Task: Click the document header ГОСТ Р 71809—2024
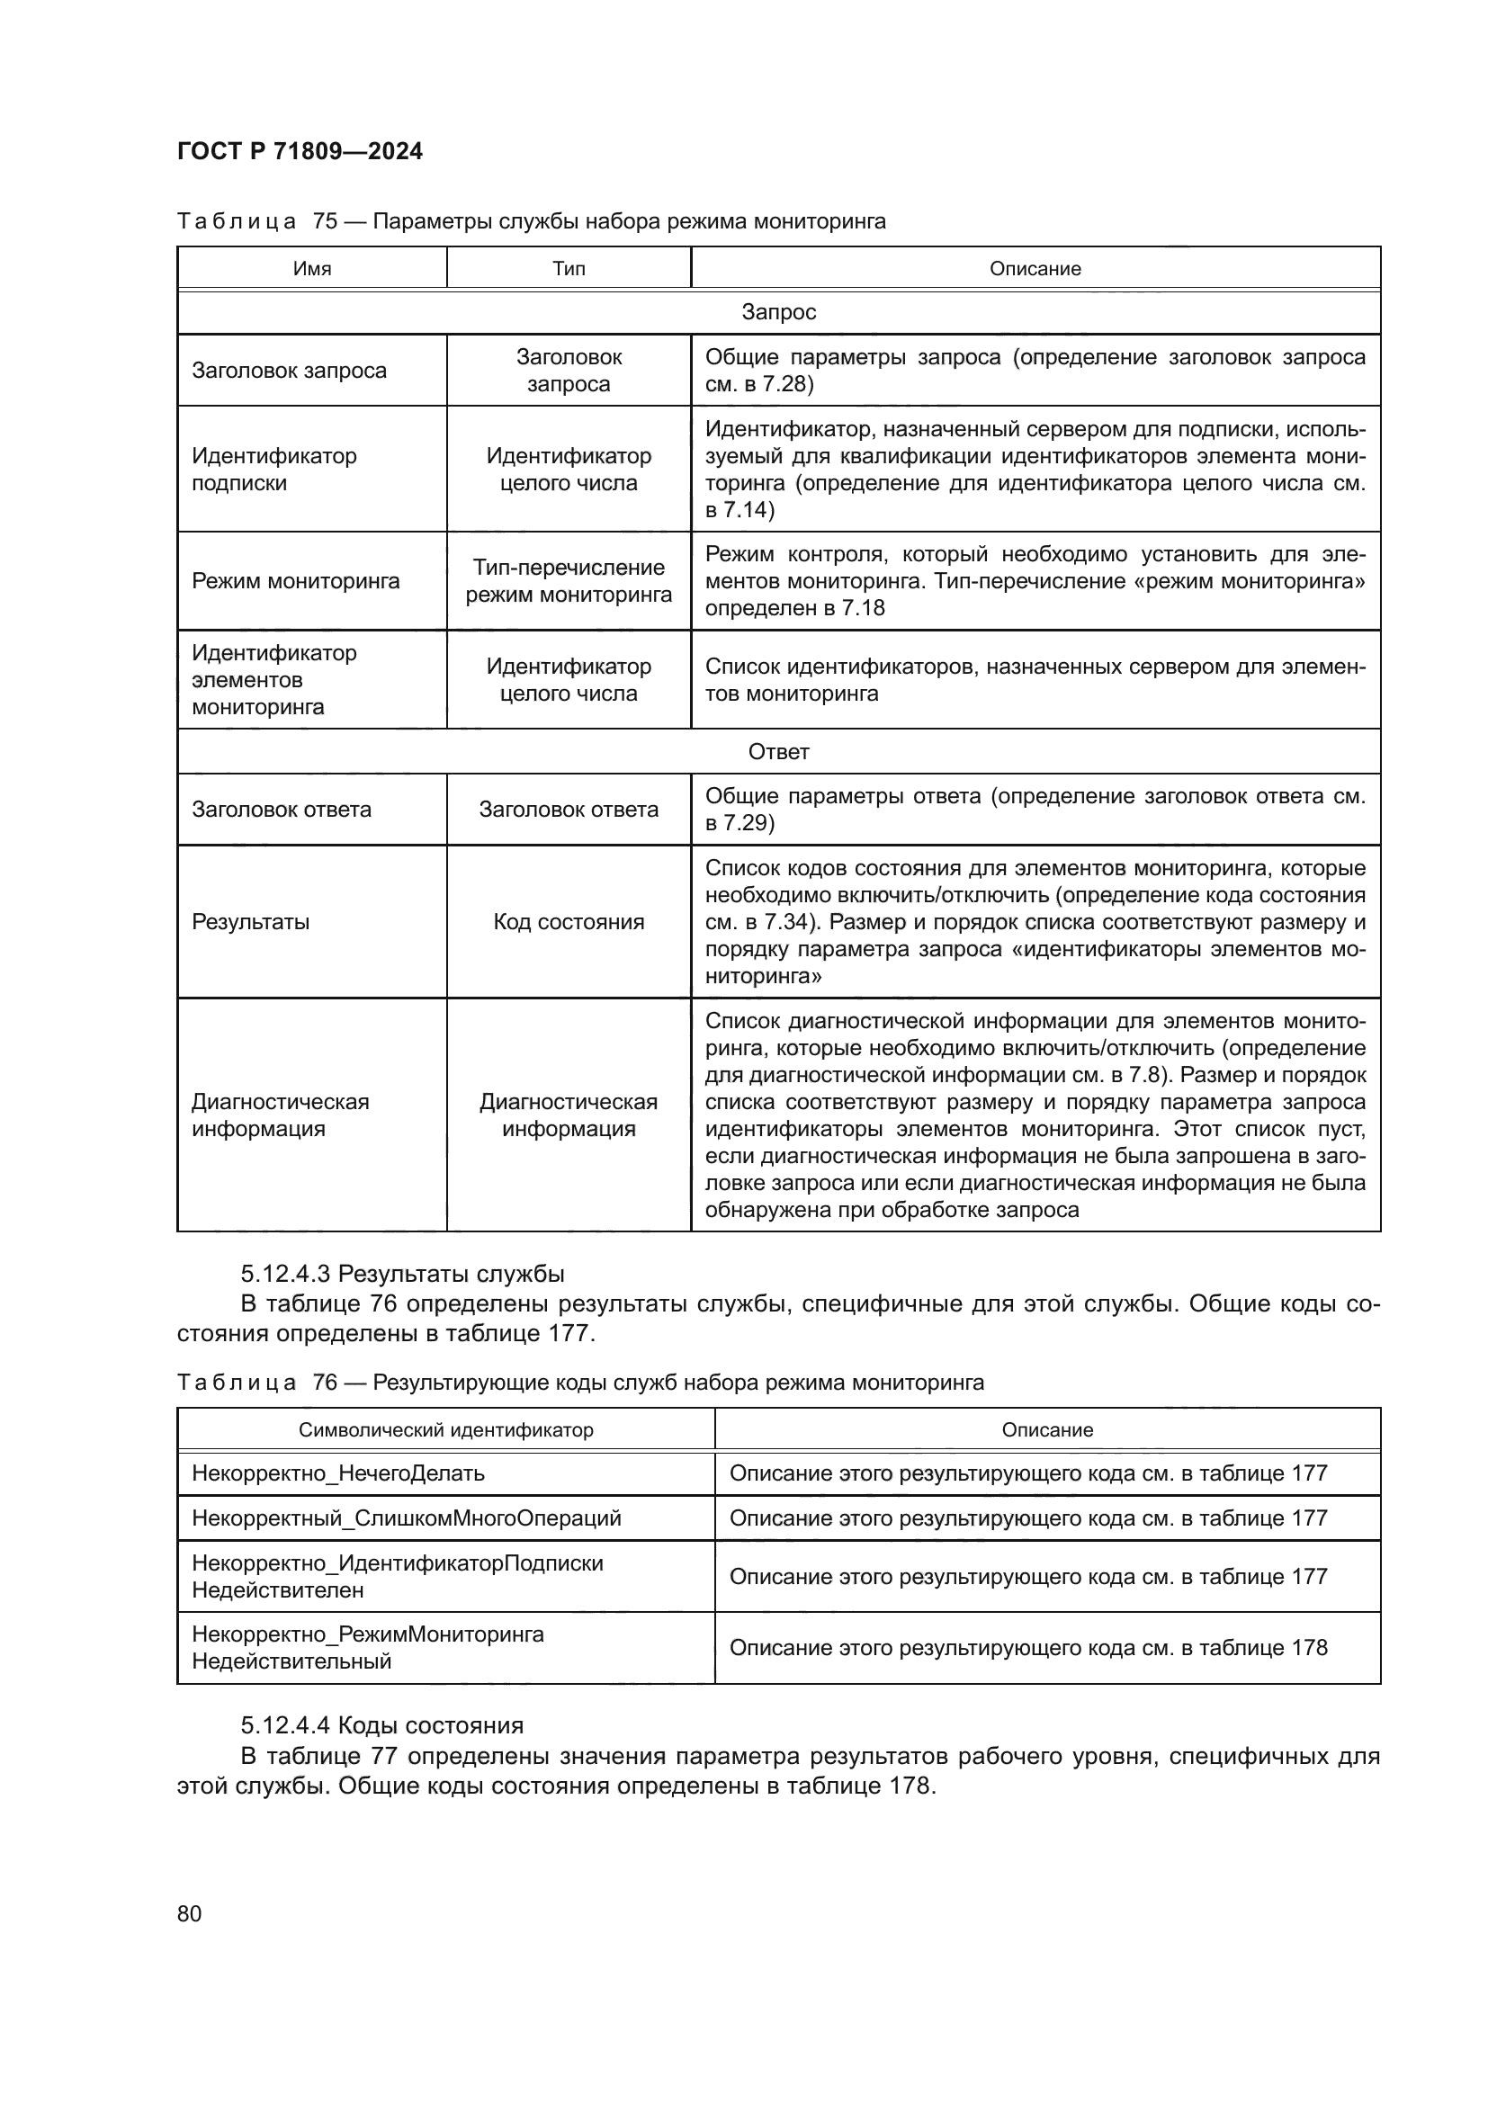point(300,151)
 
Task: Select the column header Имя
point(311,268)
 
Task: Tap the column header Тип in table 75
point(568,268)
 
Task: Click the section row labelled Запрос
point(778,312)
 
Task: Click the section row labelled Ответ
point(778,751)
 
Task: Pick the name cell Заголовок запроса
point(289,371)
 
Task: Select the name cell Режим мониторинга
point(295,581)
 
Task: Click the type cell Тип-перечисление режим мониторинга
point(568,581)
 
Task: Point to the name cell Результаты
point(250,922)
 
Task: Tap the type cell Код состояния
point(568,922)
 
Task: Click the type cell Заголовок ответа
point(568,810)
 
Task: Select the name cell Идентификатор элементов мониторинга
point(274,680)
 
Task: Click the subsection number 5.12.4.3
point(286,1274)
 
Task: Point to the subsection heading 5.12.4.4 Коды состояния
point(382,1725)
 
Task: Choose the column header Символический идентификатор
point(445,1429)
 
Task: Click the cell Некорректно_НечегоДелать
point(338,1473)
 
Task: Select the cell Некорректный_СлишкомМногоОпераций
point(406,1518)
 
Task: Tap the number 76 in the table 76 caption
point(325,1382)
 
